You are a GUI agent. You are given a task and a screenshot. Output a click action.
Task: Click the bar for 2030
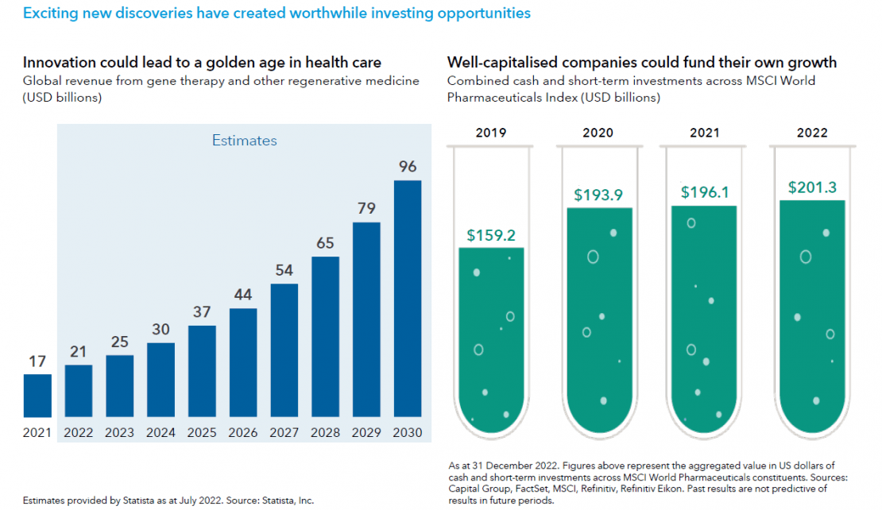[408, 298]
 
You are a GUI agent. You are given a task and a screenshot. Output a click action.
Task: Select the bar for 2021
[37, 396]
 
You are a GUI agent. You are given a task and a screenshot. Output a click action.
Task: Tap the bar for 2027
[284, 350]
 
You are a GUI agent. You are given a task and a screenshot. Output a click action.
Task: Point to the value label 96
[408, 167]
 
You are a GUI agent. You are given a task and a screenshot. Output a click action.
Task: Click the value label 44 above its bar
[243, 295]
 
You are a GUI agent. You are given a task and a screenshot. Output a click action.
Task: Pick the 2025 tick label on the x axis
[202, 433]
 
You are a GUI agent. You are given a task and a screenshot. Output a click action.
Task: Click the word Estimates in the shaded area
[244, 141]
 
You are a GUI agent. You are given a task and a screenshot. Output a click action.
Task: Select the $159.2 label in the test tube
[491, 235]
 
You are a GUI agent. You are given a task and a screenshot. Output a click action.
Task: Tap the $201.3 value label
[813, 187]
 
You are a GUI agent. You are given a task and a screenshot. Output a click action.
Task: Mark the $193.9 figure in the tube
[599, 195]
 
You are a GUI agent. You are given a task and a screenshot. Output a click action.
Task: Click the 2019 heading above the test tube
[491, 133]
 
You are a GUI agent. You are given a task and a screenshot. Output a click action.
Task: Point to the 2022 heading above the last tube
[813, 133]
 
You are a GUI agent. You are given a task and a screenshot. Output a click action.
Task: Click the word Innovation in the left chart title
[60, 62]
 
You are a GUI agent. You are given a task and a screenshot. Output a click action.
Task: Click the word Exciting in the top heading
[50, 14]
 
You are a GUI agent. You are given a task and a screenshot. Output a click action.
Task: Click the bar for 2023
[120, 386]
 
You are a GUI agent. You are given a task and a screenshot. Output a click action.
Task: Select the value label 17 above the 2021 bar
[37, 361]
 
